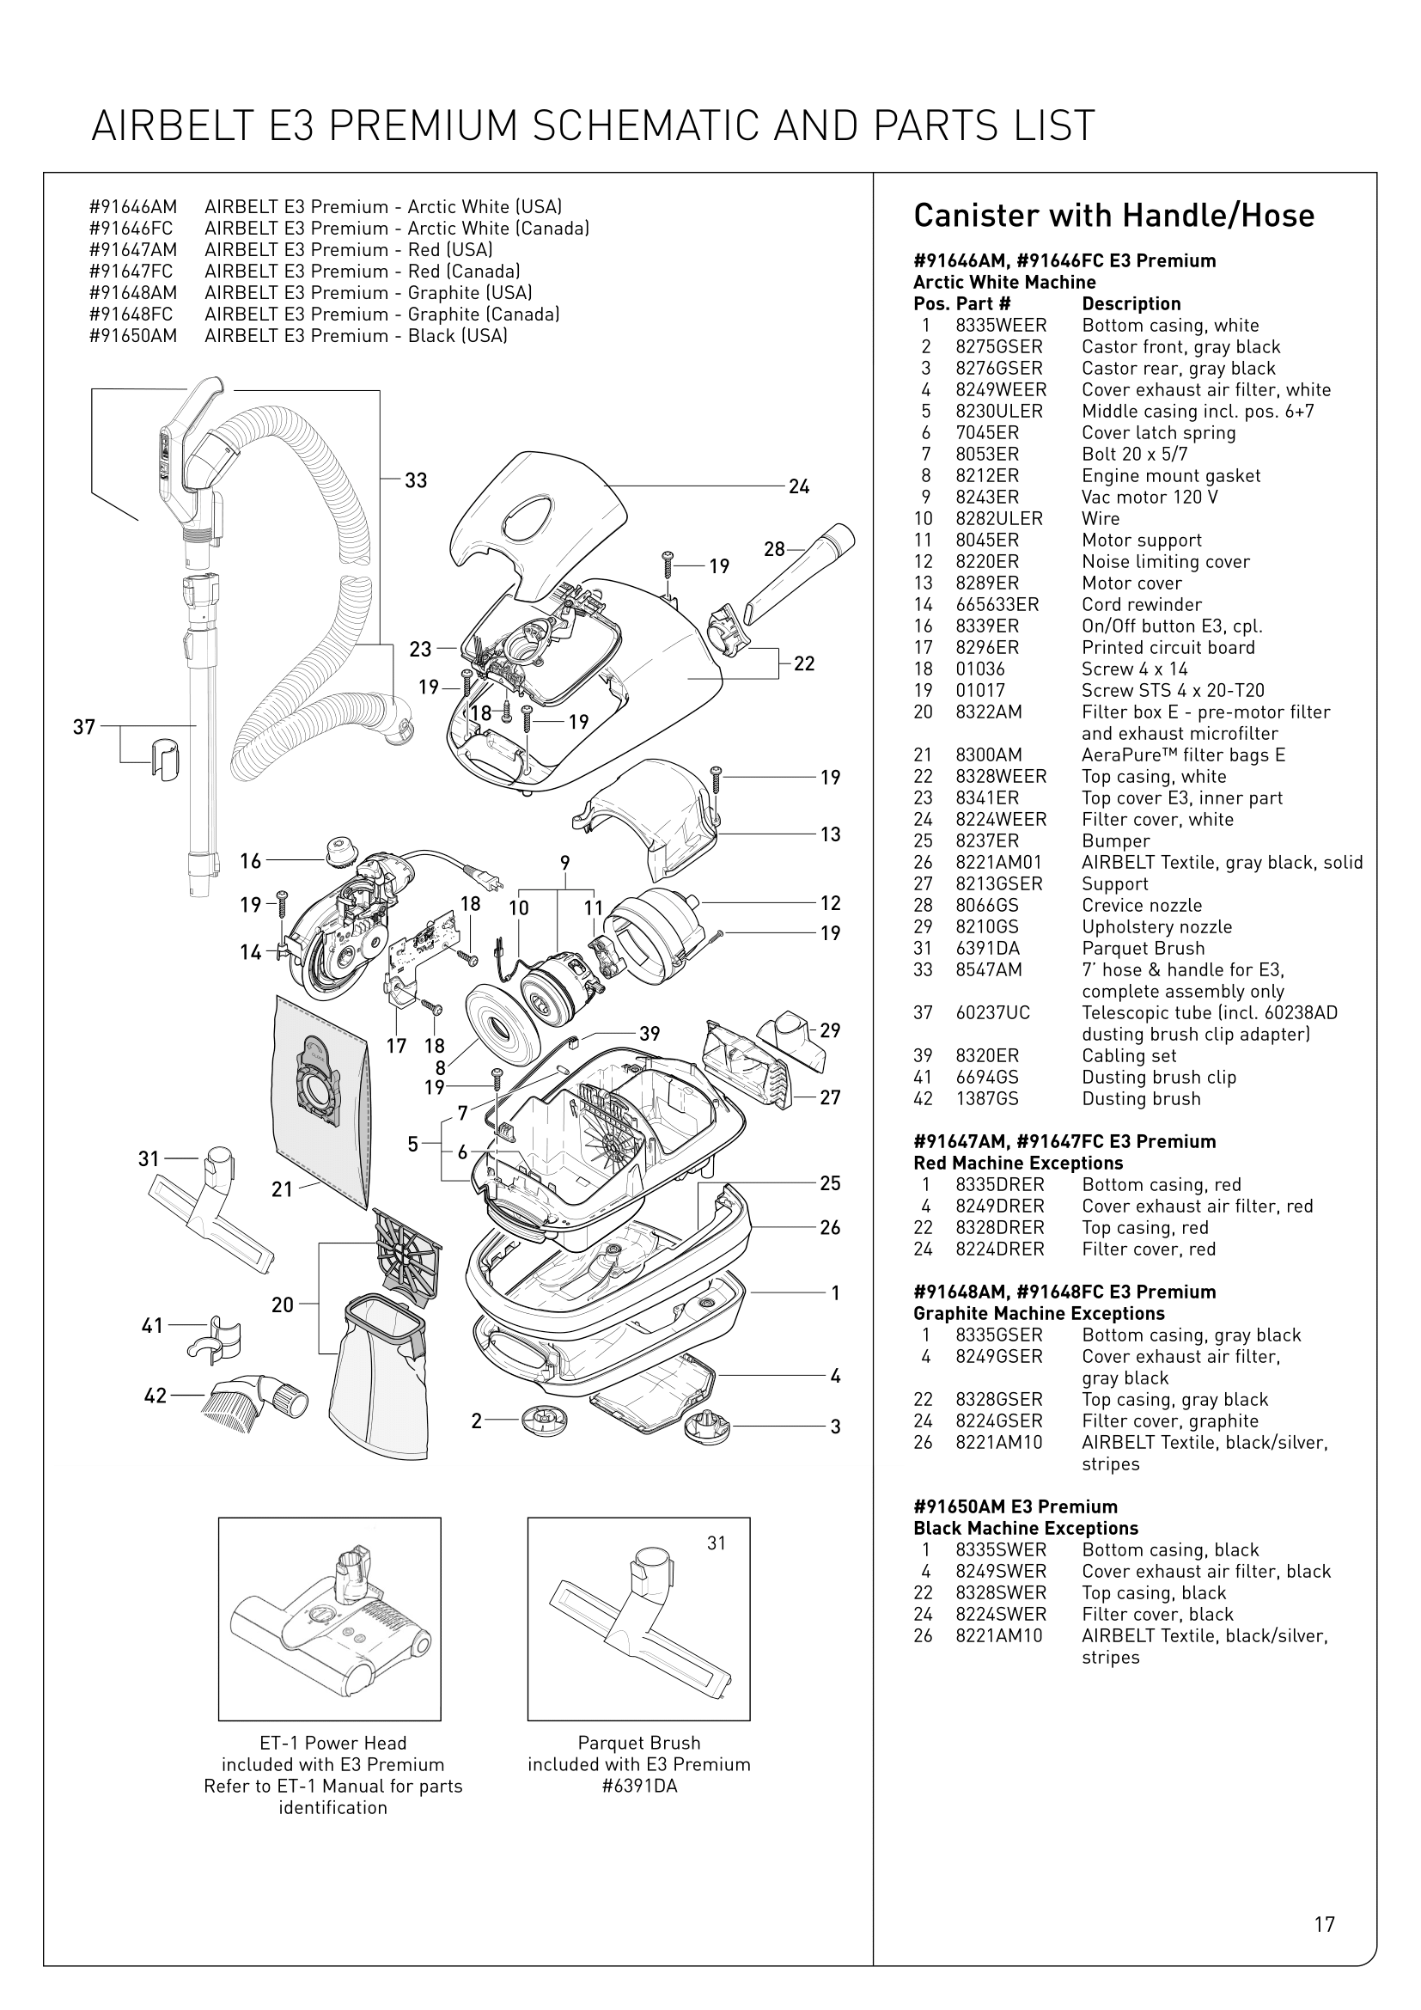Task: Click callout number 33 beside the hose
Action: tap(416, 480)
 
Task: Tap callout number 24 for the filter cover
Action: tap(798, 486)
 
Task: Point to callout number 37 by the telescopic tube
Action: tap(84, 727)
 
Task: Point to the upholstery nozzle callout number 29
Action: tap(831, 1030)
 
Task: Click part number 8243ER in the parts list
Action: tap(987, 498)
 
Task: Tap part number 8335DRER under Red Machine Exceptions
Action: tap(999, 1184)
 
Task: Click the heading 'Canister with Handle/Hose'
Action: tap(1113, 216)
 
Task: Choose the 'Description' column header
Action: tap(1131, 303)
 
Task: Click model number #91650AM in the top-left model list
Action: tap(133, 336)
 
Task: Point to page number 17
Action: tap(1324, 1924)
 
